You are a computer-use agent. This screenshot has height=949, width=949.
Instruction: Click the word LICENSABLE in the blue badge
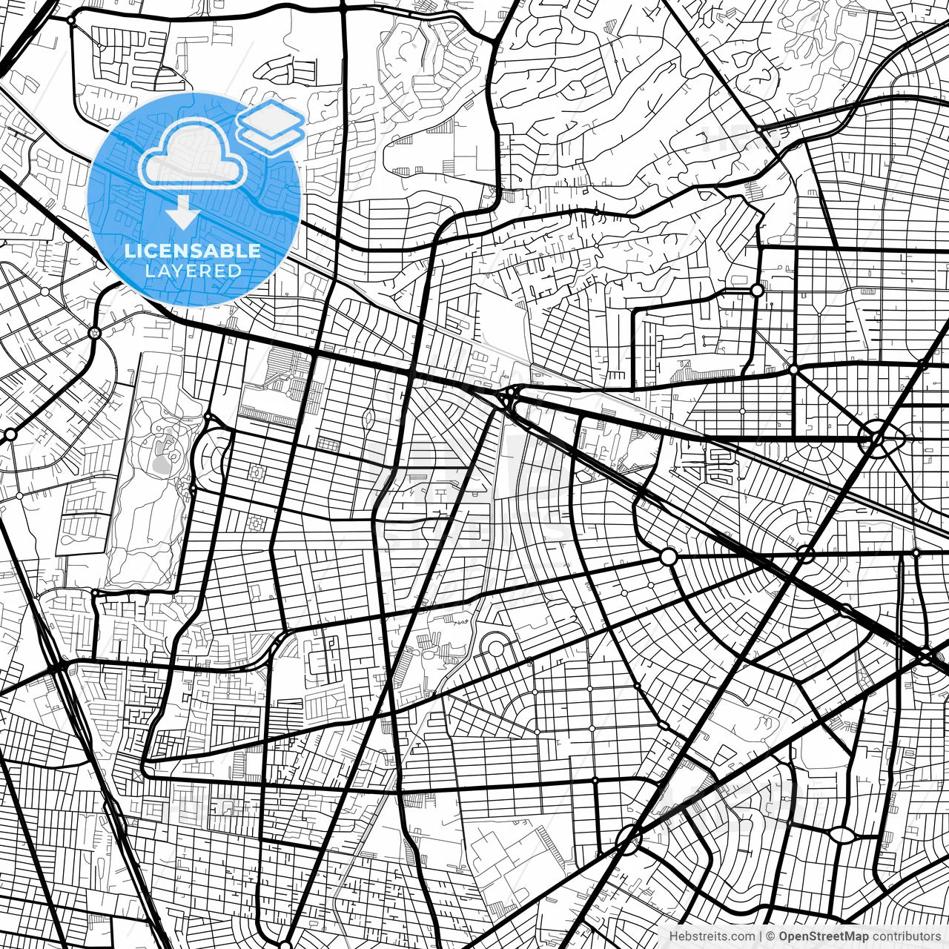tap(193, 251)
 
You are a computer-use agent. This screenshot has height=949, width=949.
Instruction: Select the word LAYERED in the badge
tap(193, 271)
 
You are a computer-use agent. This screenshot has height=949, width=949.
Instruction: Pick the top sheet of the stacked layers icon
tap(271, 117)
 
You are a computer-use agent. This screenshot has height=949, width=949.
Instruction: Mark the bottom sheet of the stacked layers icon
tap(271, 138)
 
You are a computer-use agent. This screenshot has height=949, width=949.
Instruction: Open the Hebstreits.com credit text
tap(712, 936)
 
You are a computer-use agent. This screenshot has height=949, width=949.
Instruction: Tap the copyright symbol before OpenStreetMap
tap(771, 936)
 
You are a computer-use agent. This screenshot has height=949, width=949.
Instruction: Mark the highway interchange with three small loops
tap(509, 399)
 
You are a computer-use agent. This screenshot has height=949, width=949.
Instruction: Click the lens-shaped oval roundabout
tap(841, 835)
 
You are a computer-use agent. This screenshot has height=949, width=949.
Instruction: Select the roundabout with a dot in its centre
tap(94, 333)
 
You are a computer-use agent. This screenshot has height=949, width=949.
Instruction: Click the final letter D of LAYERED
tap(235, 271)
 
